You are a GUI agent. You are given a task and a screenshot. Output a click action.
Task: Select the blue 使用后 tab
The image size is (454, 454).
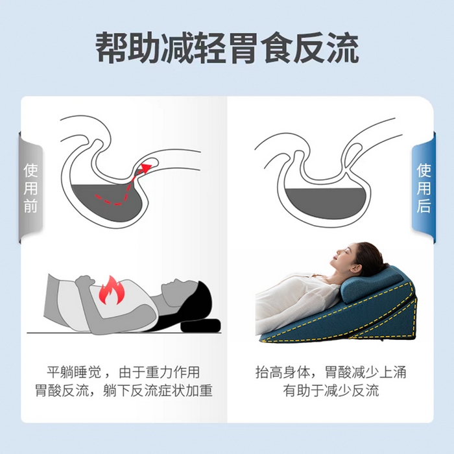click(424, 188)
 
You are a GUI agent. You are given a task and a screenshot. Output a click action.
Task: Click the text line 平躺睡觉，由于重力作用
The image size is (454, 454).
click(123, 373)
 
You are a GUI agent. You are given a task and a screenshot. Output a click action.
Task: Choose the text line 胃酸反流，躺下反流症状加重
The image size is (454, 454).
click(123, 391)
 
